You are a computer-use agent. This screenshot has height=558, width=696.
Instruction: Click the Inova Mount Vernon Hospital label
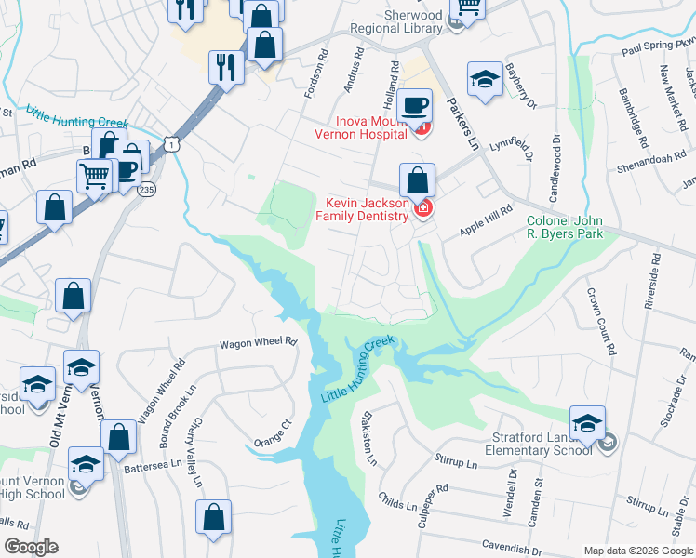click(x=361, y=126)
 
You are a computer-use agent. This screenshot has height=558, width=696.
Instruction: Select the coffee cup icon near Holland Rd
click(x=415, y=105)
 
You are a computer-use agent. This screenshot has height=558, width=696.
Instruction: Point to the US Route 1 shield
click(x=169, y=142)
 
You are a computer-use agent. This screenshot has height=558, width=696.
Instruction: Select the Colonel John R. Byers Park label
click(x=565, y=227)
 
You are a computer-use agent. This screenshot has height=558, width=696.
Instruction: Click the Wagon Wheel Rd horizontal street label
click(x=257, y=343)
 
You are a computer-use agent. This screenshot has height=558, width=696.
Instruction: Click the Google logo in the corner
click(x=31, y=547)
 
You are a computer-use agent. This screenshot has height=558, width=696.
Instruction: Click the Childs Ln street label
click(x=399, y=506)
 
